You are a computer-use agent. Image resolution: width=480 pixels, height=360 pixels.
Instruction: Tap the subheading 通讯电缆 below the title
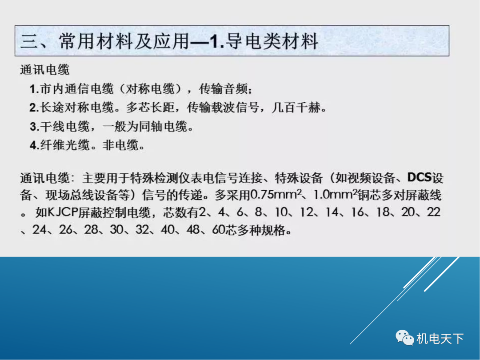pos(45,70)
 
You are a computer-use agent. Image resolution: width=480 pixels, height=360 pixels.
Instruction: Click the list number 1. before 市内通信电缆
pos(34,89)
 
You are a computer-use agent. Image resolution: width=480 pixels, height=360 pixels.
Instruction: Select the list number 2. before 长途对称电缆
pos(34,108)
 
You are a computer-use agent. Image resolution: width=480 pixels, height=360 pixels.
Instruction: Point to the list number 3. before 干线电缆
pos(34,127)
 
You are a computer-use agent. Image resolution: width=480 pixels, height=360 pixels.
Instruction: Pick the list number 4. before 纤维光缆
pos(34,146)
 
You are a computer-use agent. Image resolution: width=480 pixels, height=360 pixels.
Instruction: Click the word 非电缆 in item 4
pos(121,146)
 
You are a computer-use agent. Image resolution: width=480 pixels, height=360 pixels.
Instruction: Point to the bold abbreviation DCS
pos(420,178)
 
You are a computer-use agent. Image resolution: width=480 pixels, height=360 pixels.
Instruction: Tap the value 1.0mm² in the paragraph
pos(332,195)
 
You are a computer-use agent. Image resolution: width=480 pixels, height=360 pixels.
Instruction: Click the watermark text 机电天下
pos(440,339)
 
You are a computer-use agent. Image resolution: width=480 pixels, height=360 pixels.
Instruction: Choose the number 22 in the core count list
pos(433,213)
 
